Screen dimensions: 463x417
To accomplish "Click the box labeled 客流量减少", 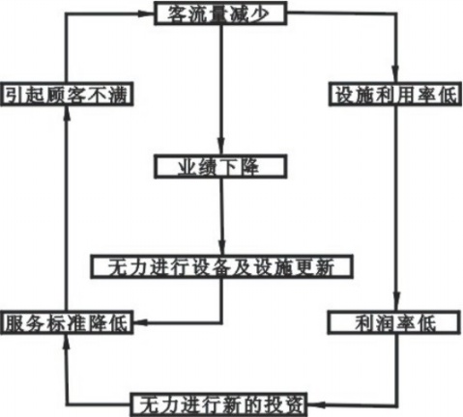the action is click(220, 14).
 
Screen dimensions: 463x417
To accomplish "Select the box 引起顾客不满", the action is click(67, 94).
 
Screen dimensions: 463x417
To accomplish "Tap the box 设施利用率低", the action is click(396, 94).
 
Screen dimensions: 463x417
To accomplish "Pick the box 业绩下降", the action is click(220, 167).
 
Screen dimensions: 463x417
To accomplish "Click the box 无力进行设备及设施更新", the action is click(221, 266).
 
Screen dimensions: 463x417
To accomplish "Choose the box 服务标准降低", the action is click(67, 322).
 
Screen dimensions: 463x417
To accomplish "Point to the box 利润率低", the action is click(394, 322).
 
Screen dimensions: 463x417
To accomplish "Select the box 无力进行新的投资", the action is click(218, 404).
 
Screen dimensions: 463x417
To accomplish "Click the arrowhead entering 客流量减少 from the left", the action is click(146, 14).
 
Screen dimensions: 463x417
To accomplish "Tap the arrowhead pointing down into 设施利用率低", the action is click(395, 74).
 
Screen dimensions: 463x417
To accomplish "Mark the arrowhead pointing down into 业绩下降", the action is click(220, 147).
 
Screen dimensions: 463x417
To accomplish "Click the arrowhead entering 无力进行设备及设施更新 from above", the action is click(222, 247).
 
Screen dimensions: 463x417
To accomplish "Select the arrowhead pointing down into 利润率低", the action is click(396, 303).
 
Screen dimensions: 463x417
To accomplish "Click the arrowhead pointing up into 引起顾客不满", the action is click(67, 114).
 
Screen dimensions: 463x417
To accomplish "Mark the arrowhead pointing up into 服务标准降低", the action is click(67, 342).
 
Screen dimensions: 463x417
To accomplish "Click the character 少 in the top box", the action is click(260, 14).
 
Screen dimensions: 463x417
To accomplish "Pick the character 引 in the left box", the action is click(13, 95).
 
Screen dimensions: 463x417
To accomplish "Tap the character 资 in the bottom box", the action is click(293, 405).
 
